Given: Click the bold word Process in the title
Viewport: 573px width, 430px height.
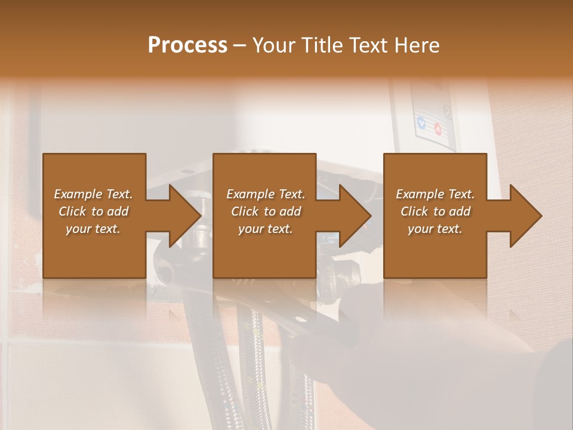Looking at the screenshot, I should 187,45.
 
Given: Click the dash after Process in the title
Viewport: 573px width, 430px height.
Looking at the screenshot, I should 240,46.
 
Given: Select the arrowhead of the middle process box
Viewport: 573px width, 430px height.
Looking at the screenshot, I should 354,216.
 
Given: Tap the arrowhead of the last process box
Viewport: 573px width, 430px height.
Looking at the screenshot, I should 525,216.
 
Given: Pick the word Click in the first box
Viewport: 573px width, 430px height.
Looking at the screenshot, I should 73,211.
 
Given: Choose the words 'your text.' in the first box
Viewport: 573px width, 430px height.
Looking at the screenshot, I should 93,229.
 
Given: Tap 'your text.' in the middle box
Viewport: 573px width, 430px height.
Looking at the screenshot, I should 265,229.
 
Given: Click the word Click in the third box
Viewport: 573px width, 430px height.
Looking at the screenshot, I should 415,211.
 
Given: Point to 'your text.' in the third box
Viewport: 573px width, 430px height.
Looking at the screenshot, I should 435,229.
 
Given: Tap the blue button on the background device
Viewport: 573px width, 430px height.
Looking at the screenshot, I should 422,124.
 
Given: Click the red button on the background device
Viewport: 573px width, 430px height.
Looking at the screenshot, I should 438,128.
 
